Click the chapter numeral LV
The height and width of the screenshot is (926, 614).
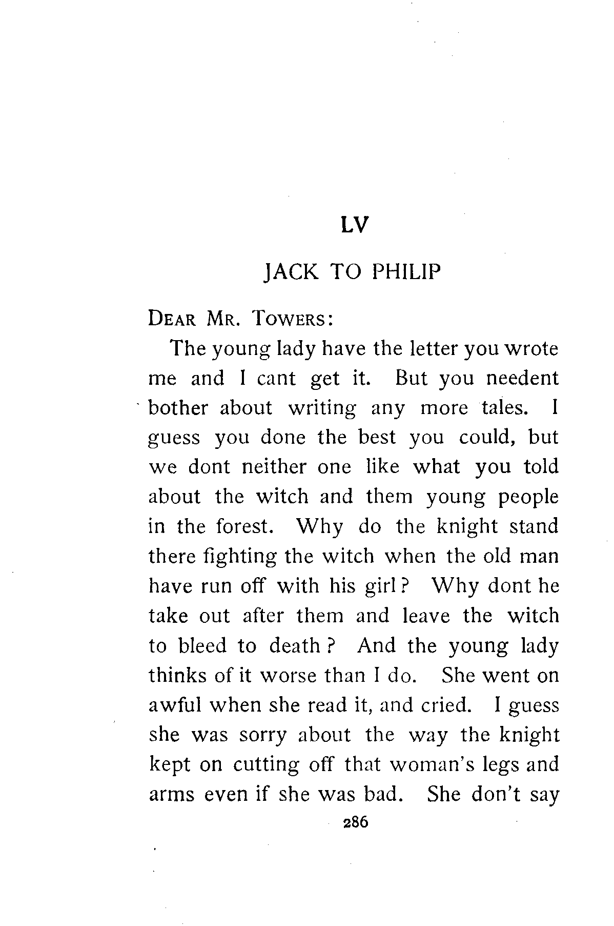355,225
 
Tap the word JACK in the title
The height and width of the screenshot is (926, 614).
290,272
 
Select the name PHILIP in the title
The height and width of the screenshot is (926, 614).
406,272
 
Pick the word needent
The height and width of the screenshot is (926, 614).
522,379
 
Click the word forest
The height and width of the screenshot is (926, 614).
243,527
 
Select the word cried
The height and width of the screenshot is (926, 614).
445,705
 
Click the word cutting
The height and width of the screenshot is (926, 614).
265,765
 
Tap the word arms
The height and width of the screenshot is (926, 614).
171,795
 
